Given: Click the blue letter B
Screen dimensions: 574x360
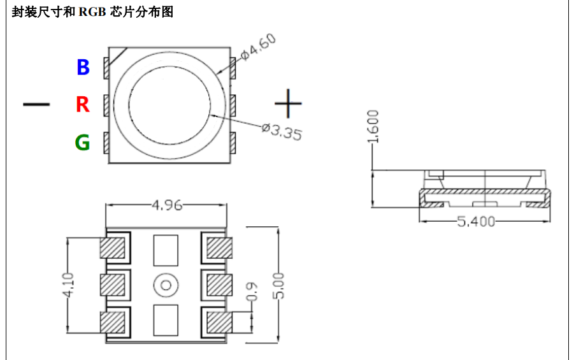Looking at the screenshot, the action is [x=83, y=67].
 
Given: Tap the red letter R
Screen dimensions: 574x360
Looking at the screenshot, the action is [x=83, y=104].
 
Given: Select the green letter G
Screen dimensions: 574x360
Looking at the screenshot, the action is [x=82, y=142].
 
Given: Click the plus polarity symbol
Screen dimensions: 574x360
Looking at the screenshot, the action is [x=288, y=103].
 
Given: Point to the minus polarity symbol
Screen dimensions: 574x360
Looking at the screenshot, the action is [x=36, y=104].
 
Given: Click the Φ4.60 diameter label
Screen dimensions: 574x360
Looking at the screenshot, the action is [x=258, y=47].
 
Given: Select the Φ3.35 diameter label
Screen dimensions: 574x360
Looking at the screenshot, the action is [x=282, y=131].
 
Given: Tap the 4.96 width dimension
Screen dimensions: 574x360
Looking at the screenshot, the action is [x=167, y=205].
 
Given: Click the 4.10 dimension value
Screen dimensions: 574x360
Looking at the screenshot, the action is [x=68, y=285].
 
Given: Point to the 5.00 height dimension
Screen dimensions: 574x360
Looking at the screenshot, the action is [x=278, y=285].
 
